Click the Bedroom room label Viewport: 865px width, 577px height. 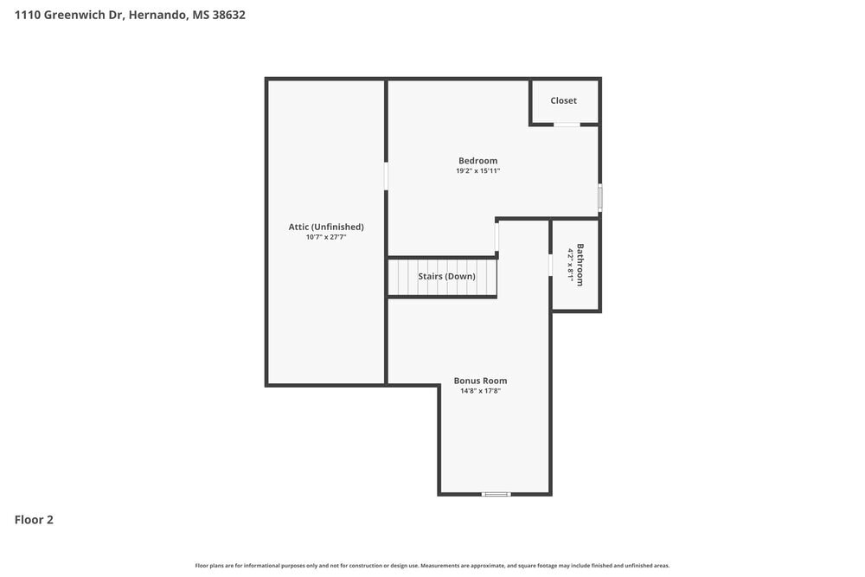coord(477,160)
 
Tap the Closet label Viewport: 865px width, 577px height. coord(563,100)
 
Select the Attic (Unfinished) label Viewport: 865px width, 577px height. coord(326,227)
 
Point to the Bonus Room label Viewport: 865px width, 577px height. coord(480,381)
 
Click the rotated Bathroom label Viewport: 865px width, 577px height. coord(580,265)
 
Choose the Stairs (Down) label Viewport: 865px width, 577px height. coord(446,277)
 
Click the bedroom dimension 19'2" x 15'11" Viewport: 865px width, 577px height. coord(477,171)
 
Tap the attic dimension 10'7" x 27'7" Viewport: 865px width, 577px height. coord(326,237)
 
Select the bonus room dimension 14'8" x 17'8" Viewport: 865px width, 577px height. coord(480,391)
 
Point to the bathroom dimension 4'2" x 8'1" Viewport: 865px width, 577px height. coord(570,265)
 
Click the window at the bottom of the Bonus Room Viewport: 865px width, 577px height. coord(496,494)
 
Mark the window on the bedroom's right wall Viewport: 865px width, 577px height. coord(599,197)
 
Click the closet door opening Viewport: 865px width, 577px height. coord(567,125)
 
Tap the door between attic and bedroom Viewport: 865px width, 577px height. coord(387,176)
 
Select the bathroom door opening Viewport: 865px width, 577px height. coord(551,265)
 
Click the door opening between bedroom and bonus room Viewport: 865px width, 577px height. coord(497,237)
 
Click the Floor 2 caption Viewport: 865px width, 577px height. coord(34,520)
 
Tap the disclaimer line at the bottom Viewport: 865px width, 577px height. coord(432,565)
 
